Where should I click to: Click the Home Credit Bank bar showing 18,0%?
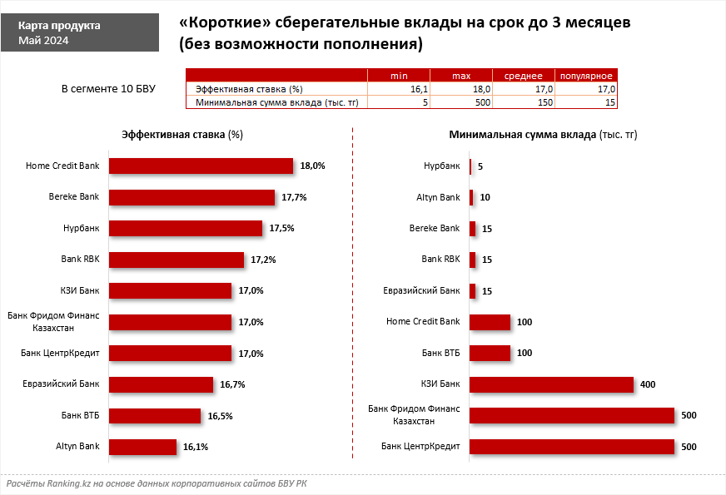tap(201, 166)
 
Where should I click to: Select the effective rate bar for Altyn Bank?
tap(142, 447)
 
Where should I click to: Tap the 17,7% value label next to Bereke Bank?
tap(294, 197)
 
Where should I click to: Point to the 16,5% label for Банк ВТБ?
tap(220, 416)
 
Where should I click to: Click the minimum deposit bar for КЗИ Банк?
tap(551, 384)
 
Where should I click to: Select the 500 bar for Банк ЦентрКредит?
tap(571, 447)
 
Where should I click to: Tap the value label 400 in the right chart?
tap(649, 384)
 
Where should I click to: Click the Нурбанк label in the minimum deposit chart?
tap(442, 166)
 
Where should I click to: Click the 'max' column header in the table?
tap(461, 76)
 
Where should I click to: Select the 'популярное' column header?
tap(586, 76)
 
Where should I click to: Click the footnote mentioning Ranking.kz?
tap(157, 483)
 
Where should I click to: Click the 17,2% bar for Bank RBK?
tap(177, 260)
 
